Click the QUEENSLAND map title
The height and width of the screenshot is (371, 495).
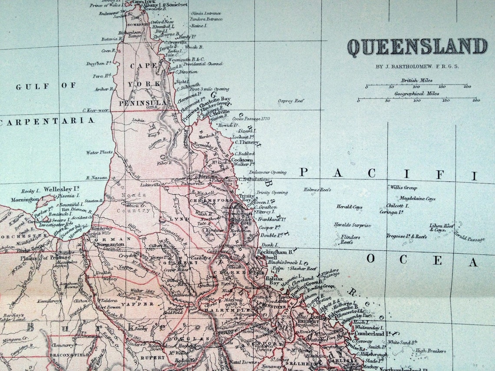pyautogui.click(x=417, y=47)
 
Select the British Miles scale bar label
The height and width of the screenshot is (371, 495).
pyautogui.click(x=416, y=81)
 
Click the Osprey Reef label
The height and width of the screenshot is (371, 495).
pyautogui.click(x=290, y=101)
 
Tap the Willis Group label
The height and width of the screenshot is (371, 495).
pyautogui.click(x=403, y=188)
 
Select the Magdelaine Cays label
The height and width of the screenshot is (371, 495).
pyautogui.click(x=417, y=198)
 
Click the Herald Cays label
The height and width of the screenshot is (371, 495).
pyautogui.click(x=349, y=207)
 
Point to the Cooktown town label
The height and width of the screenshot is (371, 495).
pyautogui.click(x=242, y=160)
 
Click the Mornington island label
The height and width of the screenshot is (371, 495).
pyautogui.click(x=25, y=200)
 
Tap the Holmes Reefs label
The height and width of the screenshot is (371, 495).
pyautogui.click(x=318, y=190)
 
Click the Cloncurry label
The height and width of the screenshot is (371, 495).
pyautogui.click(x=62, y=345)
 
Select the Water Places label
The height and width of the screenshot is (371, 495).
pyautogui.click(x=99, y=152)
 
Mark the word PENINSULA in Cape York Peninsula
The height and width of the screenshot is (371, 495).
pyautogui.click(x=138, y=103)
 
